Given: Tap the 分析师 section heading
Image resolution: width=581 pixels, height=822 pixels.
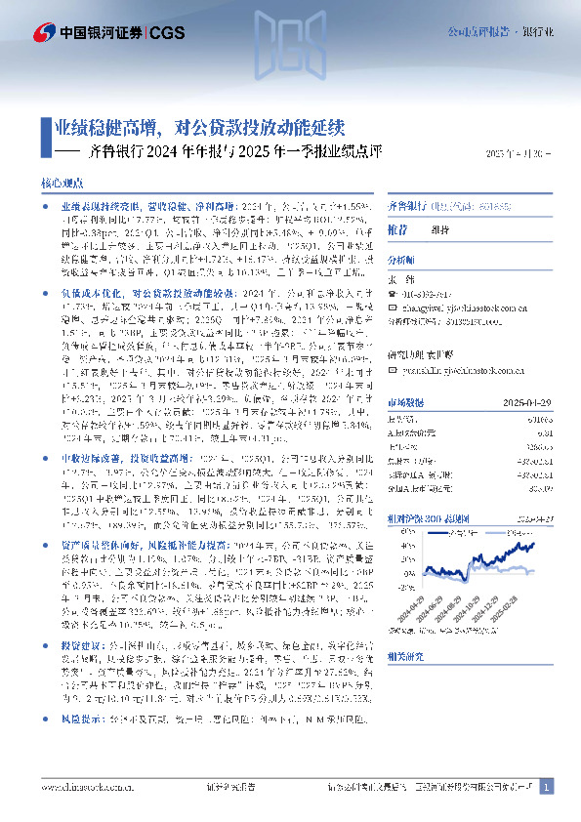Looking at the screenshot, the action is (401, 261).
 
